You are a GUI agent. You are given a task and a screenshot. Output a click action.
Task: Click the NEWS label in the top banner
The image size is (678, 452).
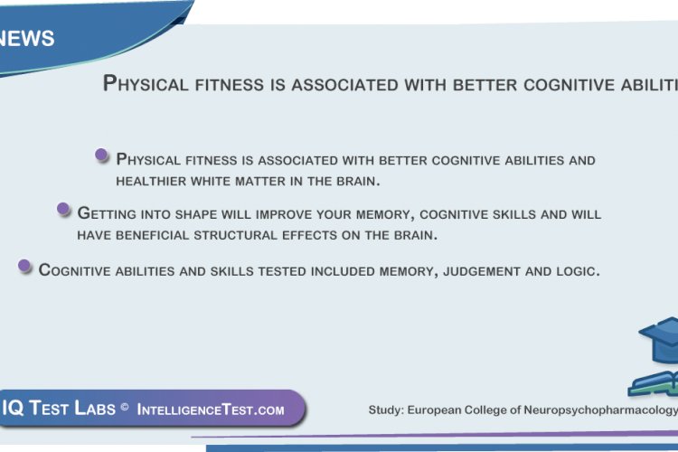point(28,39)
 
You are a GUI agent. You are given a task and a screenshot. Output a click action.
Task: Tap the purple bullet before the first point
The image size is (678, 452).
point(102,155)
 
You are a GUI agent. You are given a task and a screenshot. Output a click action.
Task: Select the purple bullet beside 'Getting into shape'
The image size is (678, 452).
point(63,210)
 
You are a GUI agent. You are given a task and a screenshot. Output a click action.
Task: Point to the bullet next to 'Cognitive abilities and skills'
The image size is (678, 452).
point(24,266)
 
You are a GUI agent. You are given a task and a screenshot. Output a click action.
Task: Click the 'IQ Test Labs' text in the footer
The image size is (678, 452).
point(58,409)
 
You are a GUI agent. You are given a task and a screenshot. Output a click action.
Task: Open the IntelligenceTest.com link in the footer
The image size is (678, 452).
point(211,410)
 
